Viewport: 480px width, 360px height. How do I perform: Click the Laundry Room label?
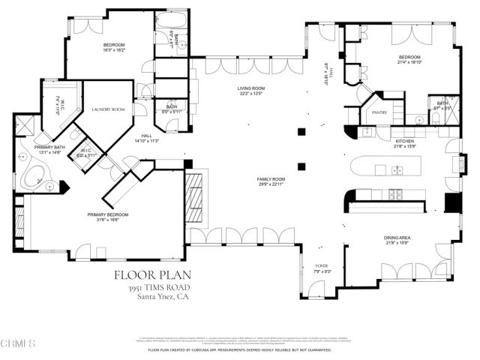108,109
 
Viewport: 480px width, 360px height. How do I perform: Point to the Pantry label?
379,112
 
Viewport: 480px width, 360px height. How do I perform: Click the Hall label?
147,135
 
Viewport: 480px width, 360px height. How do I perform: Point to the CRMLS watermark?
18,343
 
